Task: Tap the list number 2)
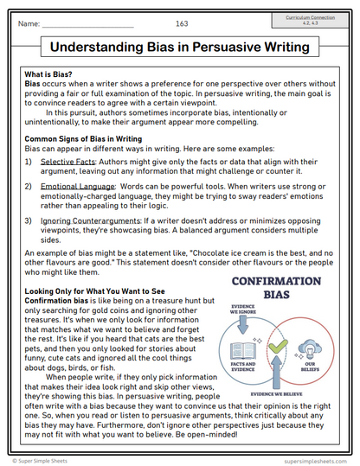tap(29, 186)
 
